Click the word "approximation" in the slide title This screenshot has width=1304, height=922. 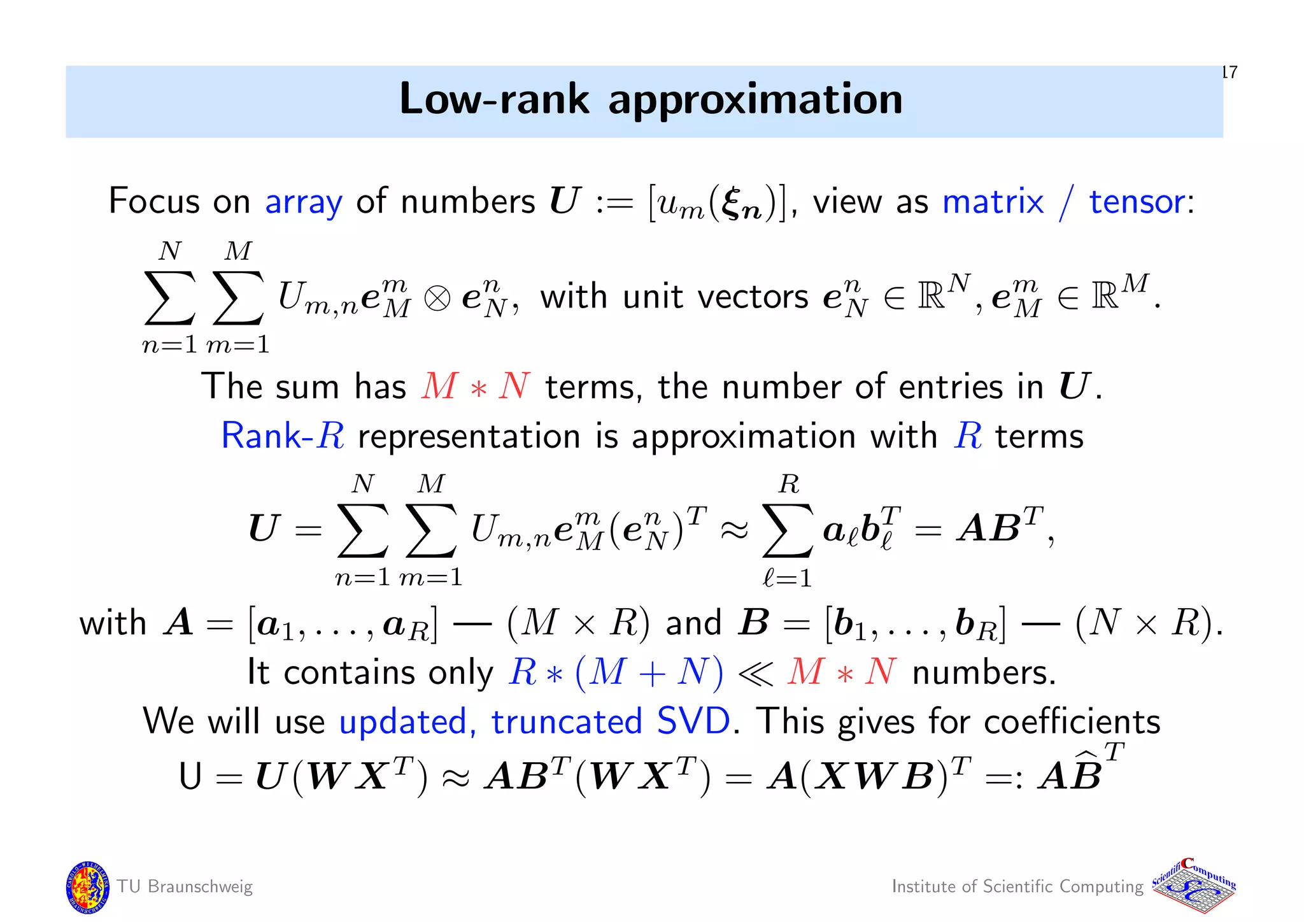tap(755, 100)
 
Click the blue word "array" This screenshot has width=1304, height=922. tap(303, 202)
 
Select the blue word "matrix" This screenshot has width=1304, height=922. tap(993, 202)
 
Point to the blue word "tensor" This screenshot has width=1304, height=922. tap(1137, 202)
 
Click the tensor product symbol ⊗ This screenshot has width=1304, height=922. tap(437, 298)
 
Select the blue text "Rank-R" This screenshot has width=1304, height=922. tap(283, 436)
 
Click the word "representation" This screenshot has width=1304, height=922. tap(469, 437)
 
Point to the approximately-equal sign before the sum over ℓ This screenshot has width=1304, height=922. tap(734, 530)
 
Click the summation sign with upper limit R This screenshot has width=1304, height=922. tap(788, 530)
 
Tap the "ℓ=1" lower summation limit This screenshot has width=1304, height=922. tap(788, 578)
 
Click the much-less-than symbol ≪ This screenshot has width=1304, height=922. tap(755, 673)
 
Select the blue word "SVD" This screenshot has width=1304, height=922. tap(693, 721)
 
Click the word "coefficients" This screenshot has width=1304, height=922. tap(1072, 721)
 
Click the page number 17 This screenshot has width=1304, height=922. tap(1230, 72)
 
